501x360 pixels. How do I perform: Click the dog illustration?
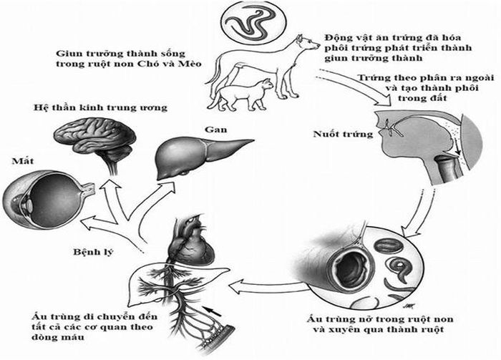point(262,67)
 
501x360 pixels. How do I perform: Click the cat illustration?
point(241,95)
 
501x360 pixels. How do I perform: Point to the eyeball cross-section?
point(48,200)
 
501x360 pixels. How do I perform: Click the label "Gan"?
point(216,130)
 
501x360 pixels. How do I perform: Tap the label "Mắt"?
point(23,160)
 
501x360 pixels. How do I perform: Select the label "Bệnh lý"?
point(93,252)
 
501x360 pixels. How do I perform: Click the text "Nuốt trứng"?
point(343,134)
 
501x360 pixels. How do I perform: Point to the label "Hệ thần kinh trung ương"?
point(100,107)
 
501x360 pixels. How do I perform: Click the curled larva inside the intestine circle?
point(399,268)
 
